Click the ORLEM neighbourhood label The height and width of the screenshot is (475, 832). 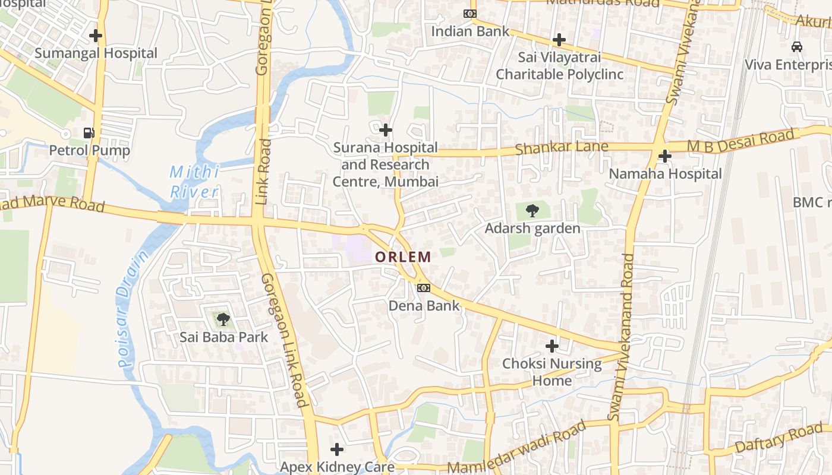point(403,257)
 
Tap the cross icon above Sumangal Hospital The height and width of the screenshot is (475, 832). point(96,36)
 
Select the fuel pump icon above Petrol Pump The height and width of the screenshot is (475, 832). point(89,132)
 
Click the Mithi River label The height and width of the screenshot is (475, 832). point(194,182)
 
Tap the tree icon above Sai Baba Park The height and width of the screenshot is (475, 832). point(223,320)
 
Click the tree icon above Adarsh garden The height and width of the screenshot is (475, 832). point(532,210)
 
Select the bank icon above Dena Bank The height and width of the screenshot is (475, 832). point(424,288)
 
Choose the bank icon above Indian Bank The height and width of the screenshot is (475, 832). point(470,14)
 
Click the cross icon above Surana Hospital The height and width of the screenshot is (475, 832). point(386,129)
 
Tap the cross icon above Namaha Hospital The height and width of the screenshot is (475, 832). point(665,156)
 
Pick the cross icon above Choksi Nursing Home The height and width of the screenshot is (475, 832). point(552,346)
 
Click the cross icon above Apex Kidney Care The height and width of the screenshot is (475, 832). point(337,449)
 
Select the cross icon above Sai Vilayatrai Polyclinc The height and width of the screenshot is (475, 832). point(559,40)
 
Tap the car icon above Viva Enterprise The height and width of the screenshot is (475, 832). point(796,46)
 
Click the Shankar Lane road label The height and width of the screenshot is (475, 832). point(562,147)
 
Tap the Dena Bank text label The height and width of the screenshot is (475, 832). point(424,306)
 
